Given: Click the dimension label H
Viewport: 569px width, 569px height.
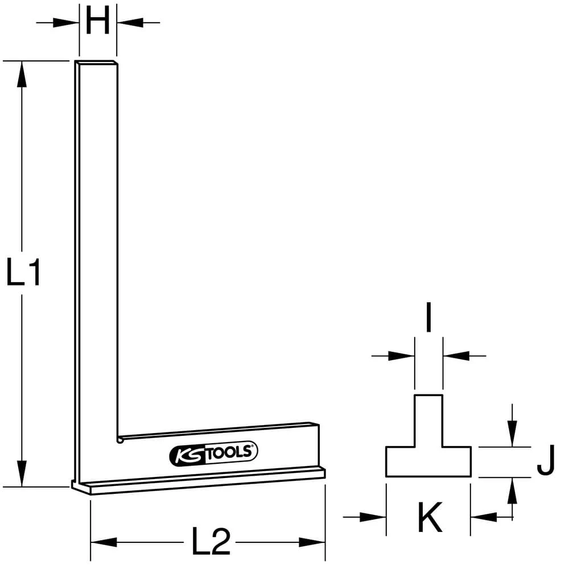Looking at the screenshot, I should (x=97, y=23).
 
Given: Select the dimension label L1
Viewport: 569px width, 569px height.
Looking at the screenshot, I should (x=23, y=273).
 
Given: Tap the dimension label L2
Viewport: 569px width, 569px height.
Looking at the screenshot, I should (x=211, y=542).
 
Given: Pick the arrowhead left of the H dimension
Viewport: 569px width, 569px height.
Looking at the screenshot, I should (x=67, y=23).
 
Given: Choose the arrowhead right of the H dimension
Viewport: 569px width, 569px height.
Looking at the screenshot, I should (x=129, y=23).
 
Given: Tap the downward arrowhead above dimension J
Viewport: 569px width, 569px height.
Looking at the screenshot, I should (x=513, y=435).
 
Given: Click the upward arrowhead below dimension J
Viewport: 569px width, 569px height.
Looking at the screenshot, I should (x=513, y=490).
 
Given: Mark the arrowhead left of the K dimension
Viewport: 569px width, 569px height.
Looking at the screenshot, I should (x=373, y=517).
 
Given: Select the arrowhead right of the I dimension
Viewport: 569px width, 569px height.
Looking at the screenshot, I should (x=456, y=356).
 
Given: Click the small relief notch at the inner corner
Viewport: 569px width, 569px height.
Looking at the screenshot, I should (x=119, y=440).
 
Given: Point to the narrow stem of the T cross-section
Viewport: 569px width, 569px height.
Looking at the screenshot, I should (x=428, y=420).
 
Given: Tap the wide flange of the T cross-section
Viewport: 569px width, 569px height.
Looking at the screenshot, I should (x=428, y=461).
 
